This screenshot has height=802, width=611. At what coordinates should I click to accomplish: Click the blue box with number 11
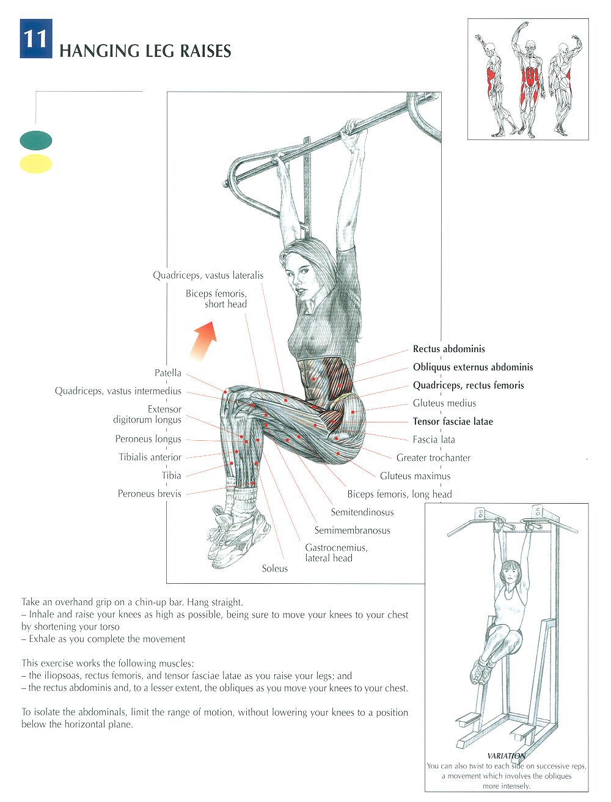(36, 39)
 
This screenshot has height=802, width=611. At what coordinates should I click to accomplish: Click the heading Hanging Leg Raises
(145, 51)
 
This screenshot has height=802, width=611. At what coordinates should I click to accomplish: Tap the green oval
(36, 141)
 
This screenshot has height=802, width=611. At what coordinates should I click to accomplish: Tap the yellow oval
(36, 163)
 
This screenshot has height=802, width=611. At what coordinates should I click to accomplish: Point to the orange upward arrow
(204, 341)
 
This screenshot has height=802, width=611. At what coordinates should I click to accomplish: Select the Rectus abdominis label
(449, 348)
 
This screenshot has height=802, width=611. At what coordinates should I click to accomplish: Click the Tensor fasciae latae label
(453, 421)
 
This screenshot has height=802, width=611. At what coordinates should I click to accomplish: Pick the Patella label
(167, 373)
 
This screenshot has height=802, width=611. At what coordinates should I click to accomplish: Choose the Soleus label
(274, 568)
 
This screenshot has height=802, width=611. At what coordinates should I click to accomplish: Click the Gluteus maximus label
(415, 476)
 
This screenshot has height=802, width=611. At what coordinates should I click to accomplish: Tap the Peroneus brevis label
(149, 494)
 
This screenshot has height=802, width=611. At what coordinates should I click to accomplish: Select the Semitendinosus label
(362, 512)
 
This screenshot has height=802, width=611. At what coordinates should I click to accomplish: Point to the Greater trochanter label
(434, 457)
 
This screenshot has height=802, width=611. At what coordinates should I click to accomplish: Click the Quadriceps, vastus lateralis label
(208, 275)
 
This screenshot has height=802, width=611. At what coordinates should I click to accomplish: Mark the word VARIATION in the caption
(506, 756)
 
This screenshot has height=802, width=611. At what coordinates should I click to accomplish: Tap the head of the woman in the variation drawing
(509, 573)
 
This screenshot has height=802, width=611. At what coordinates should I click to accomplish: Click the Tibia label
(171, 476)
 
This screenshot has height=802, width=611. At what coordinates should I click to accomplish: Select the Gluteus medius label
(444, 403)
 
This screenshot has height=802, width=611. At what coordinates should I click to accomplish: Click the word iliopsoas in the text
(61, 676)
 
